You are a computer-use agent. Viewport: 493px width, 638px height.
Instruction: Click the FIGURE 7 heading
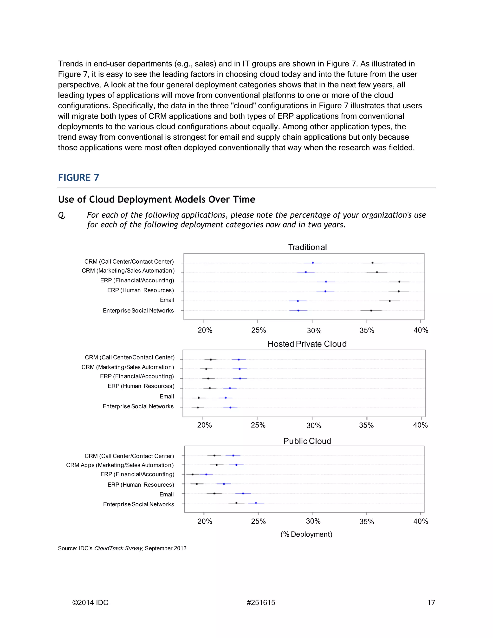click(x=78, y=178)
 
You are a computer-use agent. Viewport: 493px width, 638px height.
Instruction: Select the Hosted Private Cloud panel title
click(x=307, y=344)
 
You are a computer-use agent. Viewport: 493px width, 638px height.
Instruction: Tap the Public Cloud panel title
click(x=307, y=441)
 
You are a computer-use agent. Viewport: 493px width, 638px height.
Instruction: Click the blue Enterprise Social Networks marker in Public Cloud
click(x=256, y=503)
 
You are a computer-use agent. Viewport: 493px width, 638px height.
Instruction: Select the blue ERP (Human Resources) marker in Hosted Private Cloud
click(x=230, y=388)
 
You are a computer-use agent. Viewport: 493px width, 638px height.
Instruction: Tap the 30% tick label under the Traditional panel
click(x=314, y=331)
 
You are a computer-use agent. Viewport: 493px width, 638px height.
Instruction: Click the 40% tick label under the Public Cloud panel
click(x=421, y=521)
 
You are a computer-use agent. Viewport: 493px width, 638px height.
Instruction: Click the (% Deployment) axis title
click(x=306, y=534)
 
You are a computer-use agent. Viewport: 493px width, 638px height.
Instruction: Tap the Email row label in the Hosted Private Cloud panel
click(x=167, y=397)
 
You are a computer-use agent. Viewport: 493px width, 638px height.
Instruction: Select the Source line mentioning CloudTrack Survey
click(x=122, y=548)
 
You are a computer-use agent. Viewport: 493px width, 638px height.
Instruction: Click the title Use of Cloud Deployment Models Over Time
click(x=156, y=199)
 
